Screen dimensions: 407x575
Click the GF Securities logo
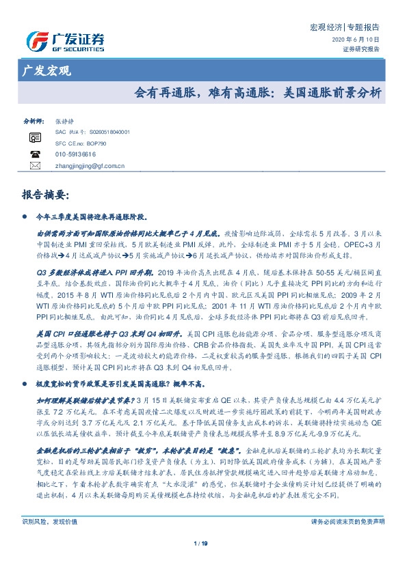[x=64, y=40]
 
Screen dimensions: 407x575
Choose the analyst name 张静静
[x=65, y=120]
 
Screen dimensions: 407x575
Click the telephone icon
[x=34, y=155]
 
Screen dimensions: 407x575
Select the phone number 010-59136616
[x=76, y=155]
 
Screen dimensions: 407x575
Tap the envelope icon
[x=34, y=166]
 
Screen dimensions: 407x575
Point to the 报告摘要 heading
[x=46, y=195]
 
